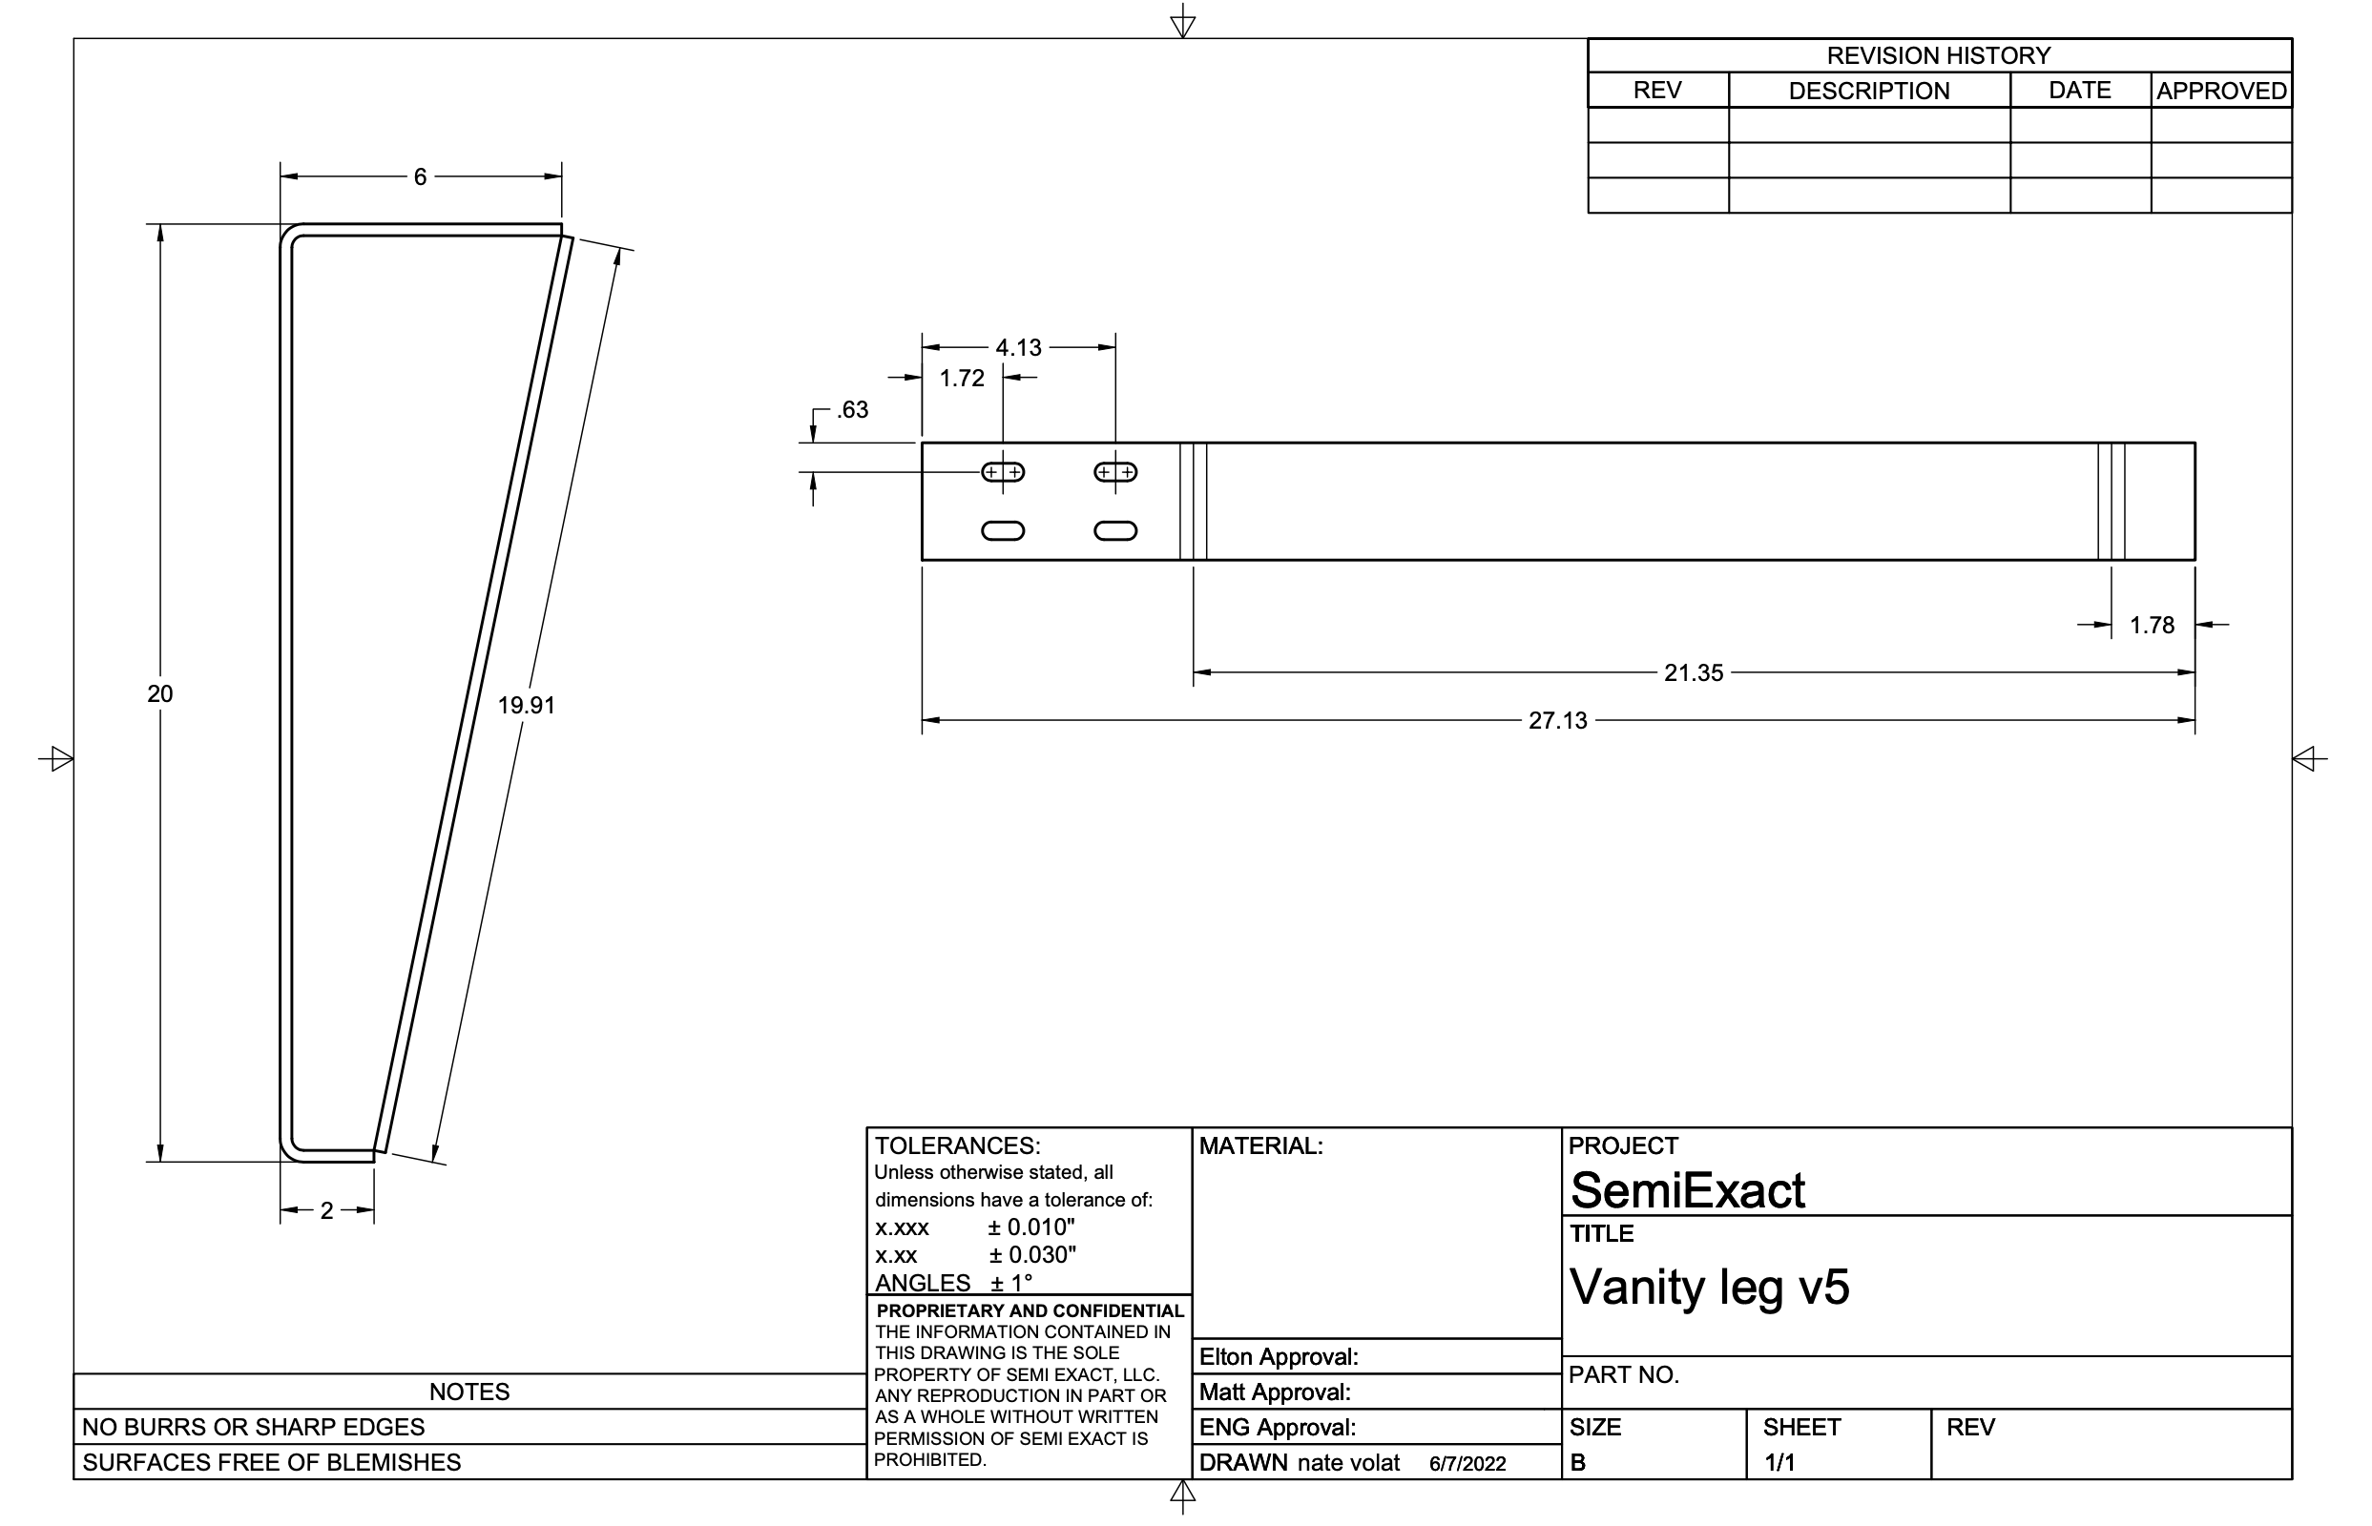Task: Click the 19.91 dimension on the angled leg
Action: pos(527,706)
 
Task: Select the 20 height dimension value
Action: pos(159,693)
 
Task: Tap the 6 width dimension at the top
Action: pos(420,176)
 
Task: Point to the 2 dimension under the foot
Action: pos(327,1210)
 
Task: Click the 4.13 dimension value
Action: pos(1019,348)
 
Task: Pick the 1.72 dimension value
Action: pos(962,378)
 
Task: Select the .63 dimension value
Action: pos(851,409)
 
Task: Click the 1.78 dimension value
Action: pos(2152,626)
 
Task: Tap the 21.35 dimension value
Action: pos(1694,672)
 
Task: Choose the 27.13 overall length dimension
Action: pos(1558,720)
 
